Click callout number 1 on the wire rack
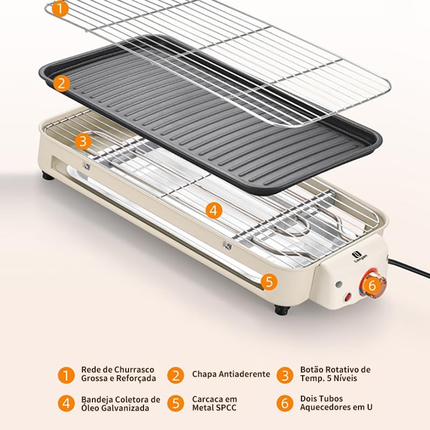(60, 9)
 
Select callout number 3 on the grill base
(83, 141)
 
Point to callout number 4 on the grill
(213, 210)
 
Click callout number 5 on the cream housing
(269, 281)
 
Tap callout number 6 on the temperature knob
(372, 285)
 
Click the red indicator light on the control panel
(348, 297)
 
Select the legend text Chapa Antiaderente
(231, 374)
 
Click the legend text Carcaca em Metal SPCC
(214, 403)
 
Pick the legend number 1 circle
(66, 375)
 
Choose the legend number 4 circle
(66, 404)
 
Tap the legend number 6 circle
(285, 404)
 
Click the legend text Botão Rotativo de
(335, 370)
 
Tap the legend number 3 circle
(285, 375)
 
